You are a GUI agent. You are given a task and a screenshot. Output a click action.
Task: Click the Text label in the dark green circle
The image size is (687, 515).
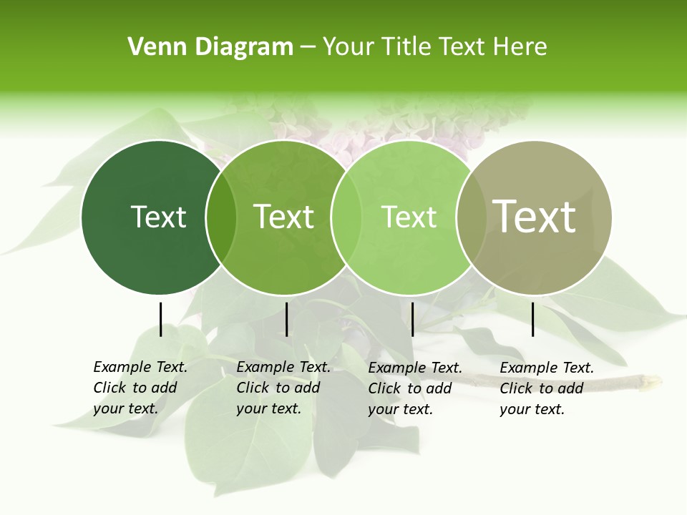coord(158,217)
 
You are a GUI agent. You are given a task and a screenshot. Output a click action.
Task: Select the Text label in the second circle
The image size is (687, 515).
coord(284,217)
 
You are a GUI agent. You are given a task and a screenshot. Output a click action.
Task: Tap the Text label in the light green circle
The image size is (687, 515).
coord(409,217)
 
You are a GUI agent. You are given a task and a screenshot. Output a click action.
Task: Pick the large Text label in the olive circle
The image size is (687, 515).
coord(535,217)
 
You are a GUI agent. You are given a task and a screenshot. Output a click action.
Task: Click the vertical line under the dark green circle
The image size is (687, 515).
coord(160,319)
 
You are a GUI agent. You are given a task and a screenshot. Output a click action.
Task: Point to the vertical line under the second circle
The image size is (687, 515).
coord(286,319)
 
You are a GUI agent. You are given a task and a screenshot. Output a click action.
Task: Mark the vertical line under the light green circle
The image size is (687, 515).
coord(412,319)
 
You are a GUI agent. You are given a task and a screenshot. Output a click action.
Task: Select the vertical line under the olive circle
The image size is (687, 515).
coord(532,319)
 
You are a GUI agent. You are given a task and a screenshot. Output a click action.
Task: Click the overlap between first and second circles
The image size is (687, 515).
coord(221,217)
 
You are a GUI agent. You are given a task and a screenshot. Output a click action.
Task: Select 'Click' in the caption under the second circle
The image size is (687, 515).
coord(253,388)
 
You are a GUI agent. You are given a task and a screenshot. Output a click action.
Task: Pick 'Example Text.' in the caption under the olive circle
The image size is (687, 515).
coord(547,368)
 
